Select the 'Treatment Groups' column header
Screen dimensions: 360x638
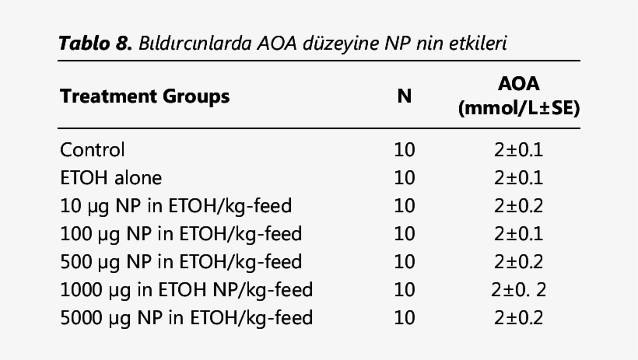pos(145,97)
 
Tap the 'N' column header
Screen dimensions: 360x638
pos(405,97)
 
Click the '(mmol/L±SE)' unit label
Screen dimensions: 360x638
pos(518,109)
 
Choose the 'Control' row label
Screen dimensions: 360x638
pos(93,149)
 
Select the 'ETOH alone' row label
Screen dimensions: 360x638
pos(111,178)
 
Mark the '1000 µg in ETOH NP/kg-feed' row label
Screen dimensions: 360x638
pos(186,290)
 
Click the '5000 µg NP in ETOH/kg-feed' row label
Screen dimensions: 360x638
pos(186,318)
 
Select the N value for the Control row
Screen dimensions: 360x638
pos(405,149)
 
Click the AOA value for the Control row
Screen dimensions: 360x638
pos(518,149)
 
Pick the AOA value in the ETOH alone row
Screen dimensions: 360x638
pos(518,178)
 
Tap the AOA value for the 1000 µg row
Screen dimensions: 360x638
pos(518,290)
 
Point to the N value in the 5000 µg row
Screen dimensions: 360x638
pos(405,318)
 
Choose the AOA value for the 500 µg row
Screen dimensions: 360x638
pos(518,262)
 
